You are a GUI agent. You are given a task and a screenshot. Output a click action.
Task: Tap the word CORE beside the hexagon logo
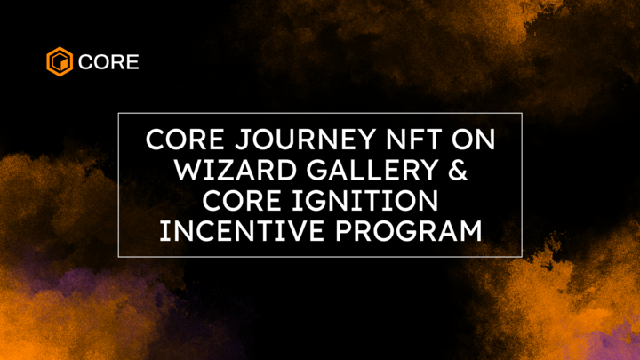point(108,63)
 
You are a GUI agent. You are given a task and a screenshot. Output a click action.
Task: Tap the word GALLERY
point(363,171)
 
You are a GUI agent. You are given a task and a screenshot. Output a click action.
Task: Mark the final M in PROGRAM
point(469,231)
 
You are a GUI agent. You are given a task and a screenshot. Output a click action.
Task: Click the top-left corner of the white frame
point(118,114)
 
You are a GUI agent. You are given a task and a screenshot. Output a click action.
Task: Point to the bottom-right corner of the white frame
point(522,257)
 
